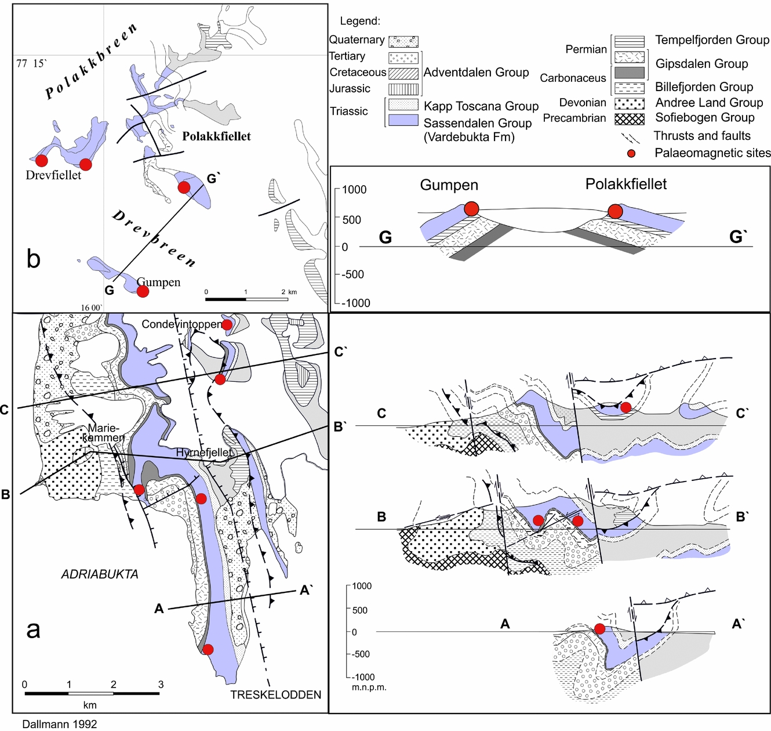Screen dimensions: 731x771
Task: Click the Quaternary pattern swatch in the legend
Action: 403,41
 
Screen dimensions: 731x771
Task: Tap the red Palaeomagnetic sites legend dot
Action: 631,153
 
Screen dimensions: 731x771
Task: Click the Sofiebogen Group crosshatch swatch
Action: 629,118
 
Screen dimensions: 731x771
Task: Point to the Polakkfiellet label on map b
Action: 216,136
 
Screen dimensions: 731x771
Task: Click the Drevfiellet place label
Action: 53,175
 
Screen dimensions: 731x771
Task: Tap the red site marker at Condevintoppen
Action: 228,325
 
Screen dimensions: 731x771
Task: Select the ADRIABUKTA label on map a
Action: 100,574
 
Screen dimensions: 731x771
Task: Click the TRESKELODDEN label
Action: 275,694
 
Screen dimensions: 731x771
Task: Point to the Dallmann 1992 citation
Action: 60,723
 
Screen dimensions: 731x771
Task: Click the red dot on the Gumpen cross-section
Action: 472,209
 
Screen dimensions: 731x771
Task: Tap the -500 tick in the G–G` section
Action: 352,274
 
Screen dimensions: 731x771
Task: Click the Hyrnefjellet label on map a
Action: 204,452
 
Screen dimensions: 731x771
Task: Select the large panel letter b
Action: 34,259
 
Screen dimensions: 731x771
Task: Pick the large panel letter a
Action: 33,629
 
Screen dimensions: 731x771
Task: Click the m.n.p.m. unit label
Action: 369,687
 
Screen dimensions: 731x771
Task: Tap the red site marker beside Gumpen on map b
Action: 143,291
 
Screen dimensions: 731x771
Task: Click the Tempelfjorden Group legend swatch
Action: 629,42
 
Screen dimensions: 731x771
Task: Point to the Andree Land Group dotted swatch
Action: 629,103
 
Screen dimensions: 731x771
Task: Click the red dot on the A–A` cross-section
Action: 600,629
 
